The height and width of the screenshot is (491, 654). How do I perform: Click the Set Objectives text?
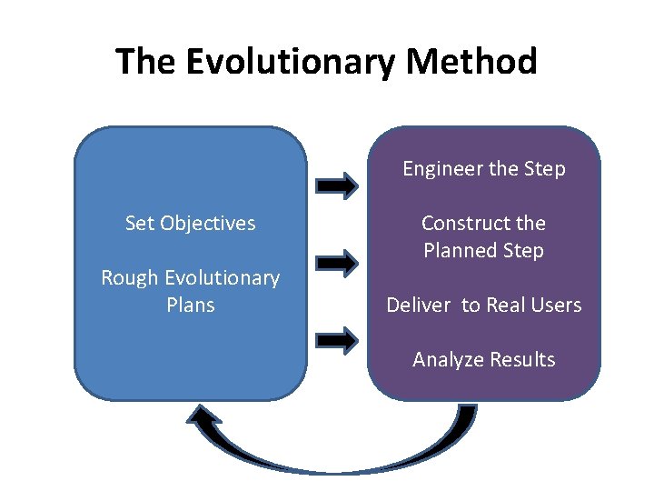coord(191,223)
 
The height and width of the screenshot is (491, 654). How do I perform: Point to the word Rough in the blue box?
coord(128,277)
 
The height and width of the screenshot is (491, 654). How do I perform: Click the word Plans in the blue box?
coord(191,305)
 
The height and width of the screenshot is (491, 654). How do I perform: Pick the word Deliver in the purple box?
coord(419,306)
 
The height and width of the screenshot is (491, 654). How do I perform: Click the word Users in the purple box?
coord(555,306)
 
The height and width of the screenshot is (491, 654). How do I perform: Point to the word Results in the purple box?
coord(522,360)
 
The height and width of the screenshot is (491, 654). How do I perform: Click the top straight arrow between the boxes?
coord(336,185)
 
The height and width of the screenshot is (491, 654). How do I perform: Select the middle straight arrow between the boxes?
coord(336,264)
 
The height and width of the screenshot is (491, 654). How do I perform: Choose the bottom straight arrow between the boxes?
coord(336,341)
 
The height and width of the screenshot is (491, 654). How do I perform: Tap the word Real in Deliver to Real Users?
coord(504,306)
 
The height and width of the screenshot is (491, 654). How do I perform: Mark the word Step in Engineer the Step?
coord(545,169)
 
